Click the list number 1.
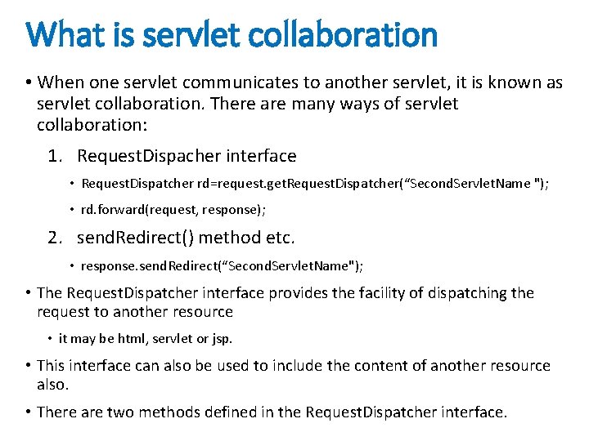point(55,155)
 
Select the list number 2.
point(55,238)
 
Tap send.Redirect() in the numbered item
point(134,238)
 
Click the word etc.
point(279,238)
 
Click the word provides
point(309,292)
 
